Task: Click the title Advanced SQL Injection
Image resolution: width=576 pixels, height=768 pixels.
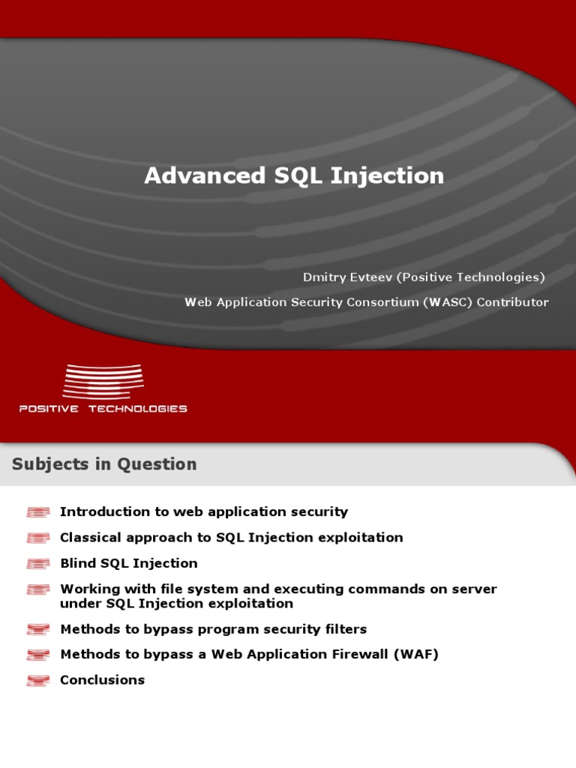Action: [294, 175]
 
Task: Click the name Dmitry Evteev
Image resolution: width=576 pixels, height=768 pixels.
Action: [347, 277]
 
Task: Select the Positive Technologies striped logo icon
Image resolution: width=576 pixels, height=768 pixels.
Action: [103, 381]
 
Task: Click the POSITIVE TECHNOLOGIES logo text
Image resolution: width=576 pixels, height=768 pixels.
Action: [103, 409]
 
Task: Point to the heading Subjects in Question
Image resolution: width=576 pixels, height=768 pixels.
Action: [104, 464]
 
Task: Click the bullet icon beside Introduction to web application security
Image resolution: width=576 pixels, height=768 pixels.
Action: [38, 512]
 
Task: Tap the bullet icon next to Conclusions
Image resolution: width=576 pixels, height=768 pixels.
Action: [38, 681]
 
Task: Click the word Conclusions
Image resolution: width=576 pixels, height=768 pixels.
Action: [102, 680]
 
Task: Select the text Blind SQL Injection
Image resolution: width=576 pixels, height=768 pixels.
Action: [128, 563]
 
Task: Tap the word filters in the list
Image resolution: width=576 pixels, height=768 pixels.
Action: [345, 629]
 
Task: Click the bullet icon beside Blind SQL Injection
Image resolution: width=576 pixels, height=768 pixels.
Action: [38, 564]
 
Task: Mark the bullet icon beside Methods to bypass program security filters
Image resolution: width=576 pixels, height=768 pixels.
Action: [38, 630]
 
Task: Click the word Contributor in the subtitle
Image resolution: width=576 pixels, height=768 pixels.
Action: [513, 302]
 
